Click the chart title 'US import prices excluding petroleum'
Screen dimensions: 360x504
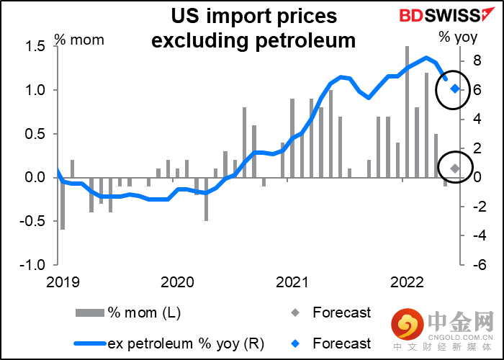pos(253,27)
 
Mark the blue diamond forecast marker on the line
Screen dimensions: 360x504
pos(455,89)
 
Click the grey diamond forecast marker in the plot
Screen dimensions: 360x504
pos(455,168)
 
